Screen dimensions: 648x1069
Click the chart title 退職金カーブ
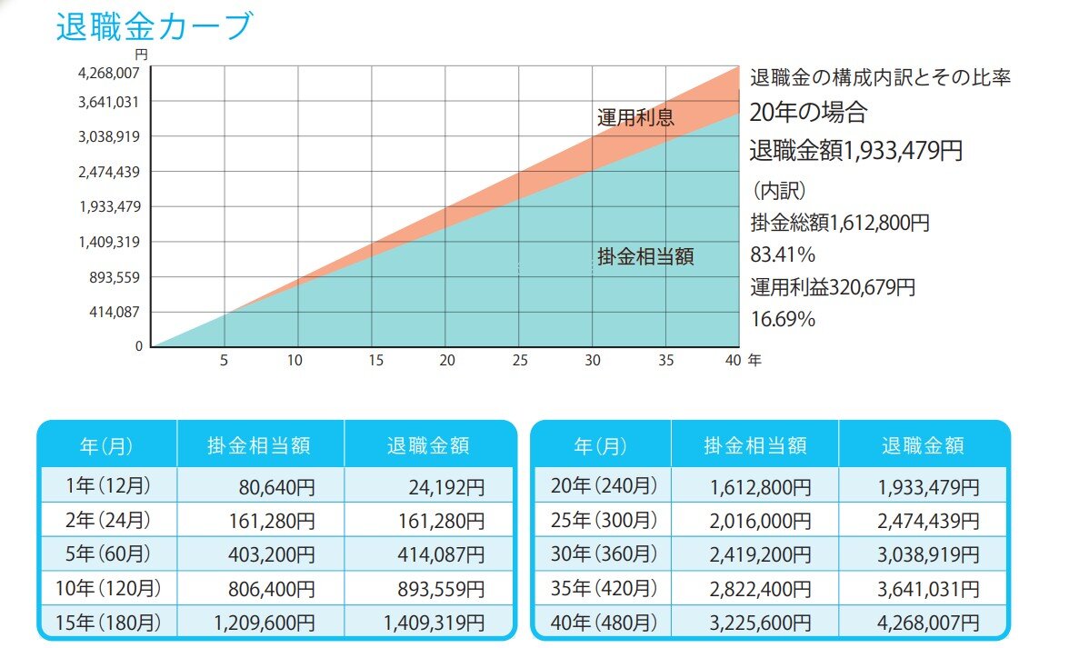pyautogui.click(x=153, y=26)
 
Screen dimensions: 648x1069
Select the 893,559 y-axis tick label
pyautogui.click(x=108, y=277)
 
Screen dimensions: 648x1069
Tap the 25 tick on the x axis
pyautogui.click(x=518, y=360)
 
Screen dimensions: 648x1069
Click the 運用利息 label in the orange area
pyautogui.click(x=635, y=117)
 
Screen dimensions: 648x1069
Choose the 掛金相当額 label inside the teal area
pyautogui.click(x=645, y=257)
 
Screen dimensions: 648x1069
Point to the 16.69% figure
pyautogui.click(x=782, y=319)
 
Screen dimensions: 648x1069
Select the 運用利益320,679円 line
pyautogui.click(x=833, y=287)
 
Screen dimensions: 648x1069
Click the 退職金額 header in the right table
pyautogui.click(x=923, y=445)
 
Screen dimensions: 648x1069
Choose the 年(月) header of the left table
pyautogui.click(x=106, y=445)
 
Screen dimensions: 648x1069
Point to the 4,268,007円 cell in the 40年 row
pyautogui.click(x=928, y=623)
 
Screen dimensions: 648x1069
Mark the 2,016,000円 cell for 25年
pyautogui.click(x=759, y=521)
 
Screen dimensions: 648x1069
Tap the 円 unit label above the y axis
pyautogui.click(x=141, y=55)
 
